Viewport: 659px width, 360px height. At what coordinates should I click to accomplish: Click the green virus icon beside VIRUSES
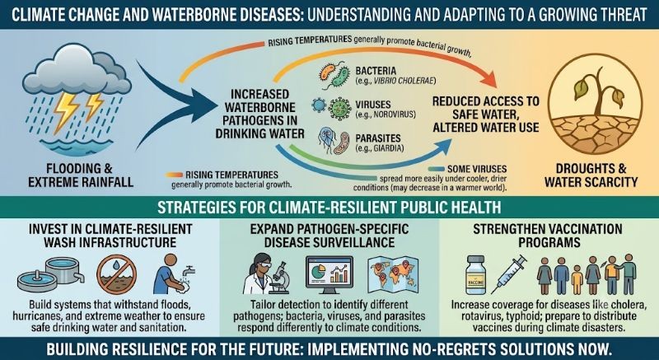[x=340, y=108]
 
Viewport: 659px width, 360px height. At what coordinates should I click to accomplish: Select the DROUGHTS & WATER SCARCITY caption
[x=591, y=175]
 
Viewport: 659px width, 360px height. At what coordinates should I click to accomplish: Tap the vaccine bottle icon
[x=475, y=276]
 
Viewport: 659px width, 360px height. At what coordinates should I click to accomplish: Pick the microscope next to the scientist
[x=278, y=277]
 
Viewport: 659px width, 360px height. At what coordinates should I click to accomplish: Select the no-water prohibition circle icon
[x=116, y=276]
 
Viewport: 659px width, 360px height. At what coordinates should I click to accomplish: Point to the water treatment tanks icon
[x=50, y=274]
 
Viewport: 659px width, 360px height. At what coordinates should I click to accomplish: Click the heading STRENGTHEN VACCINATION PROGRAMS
[x=548, y=236]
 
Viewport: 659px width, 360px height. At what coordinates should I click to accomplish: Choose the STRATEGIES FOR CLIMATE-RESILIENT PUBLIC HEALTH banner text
[x=329, y=208]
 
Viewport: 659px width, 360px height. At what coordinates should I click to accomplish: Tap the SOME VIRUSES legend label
[x=477, y=169]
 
